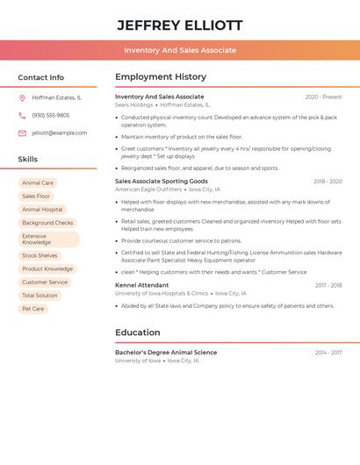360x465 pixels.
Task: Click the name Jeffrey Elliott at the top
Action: point(180,25)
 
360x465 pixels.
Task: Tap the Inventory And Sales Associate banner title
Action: point(180,50)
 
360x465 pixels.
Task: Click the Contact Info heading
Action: point(40,77)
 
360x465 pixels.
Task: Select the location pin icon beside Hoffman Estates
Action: point(22,98)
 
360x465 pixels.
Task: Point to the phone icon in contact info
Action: point(22,115)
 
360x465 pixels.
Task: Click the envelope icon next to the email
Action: point(22,132)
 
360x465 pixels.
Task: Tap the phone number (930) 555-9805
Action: point(51,115)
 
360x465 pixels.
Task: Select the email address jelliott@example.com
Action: point(60,132)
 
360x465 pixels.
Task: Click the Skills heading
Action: point(28,159)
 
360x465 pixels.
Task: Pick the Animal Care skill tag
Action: point(38,183)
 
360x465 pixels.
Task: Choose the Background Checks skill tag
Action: point(47,223)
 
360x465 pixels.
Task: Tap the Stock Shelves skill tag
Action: point(40,255)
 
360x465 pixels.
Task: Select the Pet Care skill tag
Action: point(33,308)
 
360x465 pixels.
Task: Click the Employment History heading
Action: point(161,77)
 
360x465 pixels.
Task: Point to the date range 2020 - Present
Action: point(323,97)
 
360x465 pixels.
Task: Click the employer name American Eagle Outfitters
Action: point(148,190)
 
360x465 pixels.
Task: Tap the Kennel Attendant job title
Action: point(141,285)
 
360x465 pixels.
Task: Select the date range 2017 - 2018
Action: point(328,285)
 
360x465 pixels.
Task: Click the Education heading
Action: point(138,333)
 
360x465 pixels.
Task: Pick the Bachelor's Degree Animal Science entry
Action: point(166,353)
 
